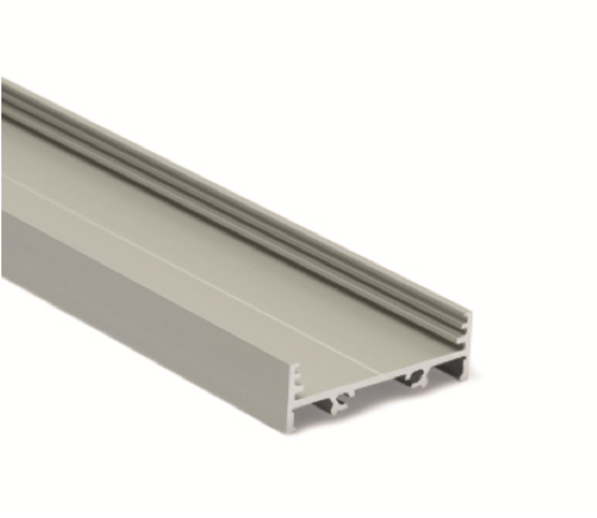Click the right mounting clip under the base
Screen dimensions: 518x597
(416, 380)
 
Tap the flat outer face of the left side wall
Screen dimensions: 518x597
(140, 299)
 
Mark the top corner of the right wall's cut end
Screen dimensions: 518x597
(468, 314)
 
